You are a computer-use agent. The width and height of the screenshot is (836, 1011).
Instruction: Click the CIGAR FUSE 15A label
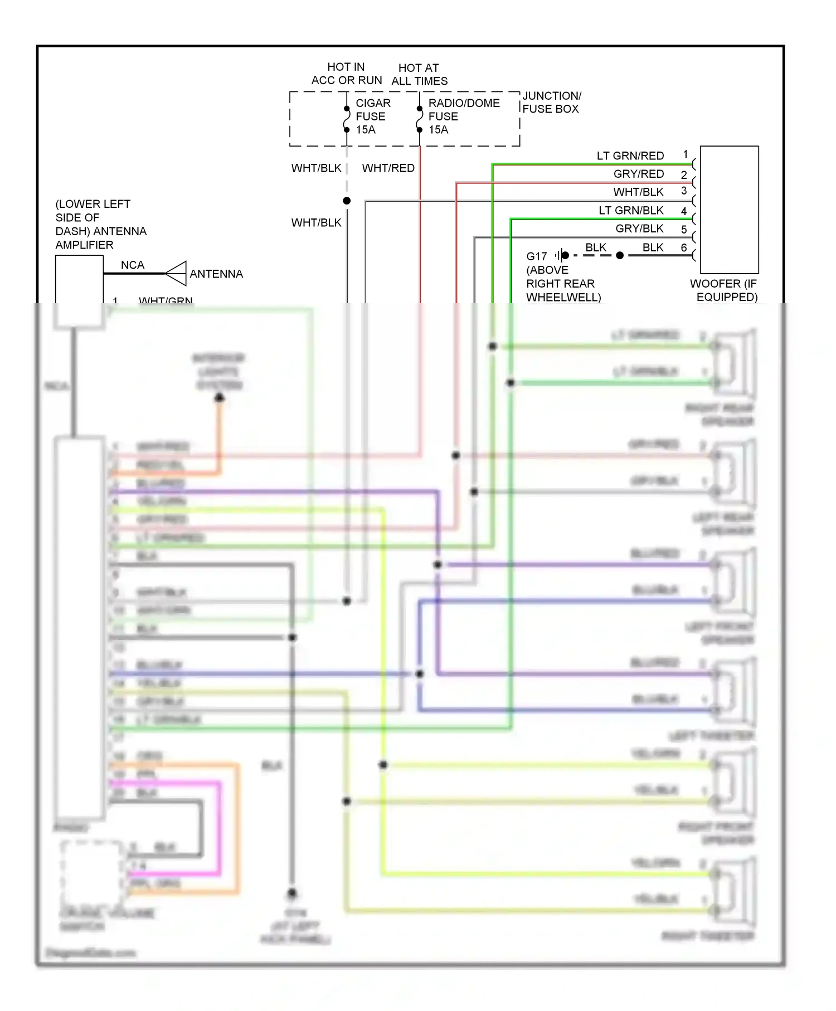[x=372, y=116]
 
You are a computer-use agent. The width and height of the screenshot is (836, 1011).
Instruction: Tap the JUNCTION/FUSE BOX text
[x=551, y=103]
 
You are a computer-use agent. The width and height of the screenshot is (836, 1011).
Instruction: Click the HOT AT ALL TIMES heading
[x=419, y=75]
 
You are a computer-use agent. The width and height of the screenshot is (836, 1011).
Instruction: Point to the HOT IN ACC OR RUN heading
[x=346, y=74]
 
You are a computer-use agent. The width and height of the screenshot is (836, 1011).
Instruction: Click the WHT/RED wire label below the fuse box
[x=388, y=168]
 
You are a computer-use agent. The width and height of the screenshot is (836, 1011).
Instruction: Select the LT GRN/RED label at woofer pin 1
[x=630, y=156]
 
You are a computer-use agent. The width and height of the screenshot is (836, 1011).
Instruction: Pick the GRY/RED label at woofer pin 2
[x=638, y=174]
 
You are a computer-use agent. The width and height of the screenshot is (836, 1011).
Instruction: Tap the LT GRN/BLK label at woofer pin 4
[x=631, y=211]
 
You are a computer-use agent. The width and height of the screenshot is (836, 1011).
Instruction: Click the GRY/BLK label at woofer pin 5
[x=639, y=229]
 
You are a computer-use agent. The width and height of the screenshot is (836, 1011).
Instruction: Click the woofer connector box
[x=729, y=210]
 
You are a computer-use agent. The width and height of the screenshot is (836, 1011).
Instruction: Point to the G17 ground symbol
[x=561, y=256]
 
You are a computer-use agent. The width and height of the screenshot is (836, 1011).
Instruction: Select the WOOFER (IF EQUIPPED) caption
[x=725, y=290]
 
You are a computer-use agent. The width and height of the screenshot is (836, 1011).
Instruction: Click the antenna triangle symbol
[x=176, y=274]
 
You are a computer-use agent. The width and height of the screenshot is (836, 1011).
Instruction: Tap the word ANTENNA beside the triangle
[x=216, y=274]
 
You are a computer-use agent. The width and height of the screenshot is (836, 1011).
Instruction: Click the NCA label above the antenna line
[x=133, y=265]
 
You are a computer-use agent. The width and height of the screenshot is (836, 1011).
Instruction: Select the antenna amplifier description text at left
[x=100, y=225]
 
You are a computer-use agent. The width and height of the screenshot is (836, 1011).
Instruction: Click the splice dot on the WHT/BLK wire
[x=347, y=201]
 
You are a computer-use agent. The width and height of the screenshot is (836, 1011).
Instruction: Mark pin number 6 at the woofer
[x=684, y=247]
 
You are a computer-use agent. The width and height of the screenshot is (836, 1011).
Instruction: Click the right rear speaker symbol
[x=733, y=364]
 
